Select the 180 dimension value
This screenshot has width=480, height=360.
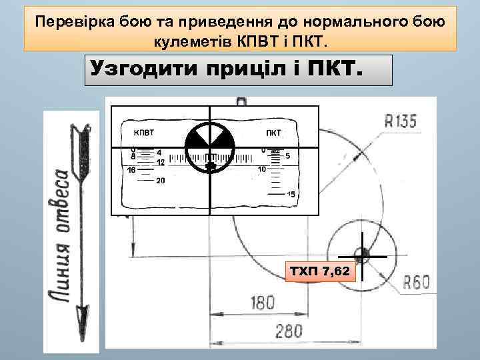261,303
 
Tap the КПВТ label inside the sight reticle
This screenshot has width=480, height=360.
146,132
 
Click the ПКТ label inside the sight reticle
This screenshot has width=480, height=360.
273,132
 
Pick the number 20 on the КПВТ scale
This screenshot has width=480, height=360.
160,181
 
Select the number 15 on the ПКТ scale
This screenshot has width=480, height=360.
291,194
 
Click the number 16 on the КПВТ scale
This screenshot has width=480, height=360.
131,170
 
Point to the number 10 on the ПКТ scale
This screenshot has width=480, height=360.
262,169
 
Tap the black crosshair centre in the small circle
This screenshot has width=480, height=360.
362,255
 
